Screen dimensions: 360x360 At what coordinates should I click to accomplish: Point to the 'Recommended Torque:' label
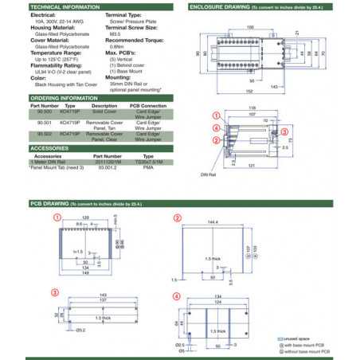(132, 37)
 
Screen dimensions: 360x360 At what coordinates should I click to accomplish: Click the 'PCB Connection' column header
(147, 105)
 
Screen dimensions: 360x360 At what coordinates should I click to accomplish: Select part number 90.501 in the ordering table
(45, 123)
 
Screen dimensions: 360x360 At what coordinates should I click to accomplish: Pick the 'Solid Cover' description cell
(104, 112)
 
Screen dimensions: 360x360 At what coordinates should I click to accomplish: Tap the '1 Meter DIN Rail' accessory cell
(48, 162)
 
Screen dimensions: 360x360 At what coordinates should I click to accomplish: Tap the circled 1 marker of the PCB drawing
(57, 217)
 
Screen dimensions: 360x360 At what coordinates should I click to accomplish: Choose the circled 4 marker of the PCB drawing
(177, 296)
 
